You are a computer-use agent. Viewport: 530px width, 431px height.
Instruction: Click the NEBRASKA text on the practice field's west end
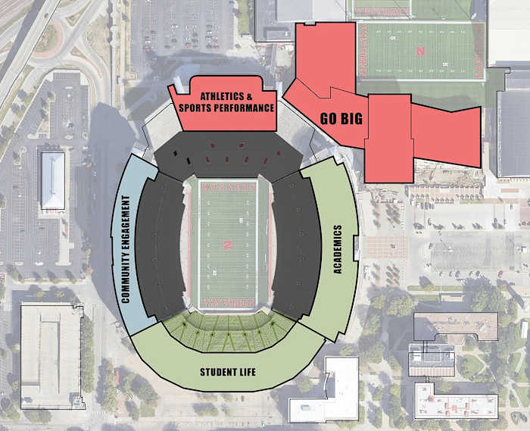(x=363, y=51)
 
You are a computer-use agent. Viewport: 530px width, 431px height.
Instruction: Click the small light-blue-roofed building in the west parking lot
(x=52, y=180)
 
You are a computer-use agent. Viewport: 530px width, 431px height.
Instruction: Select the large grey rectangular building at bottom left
(x=50, y=355)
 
